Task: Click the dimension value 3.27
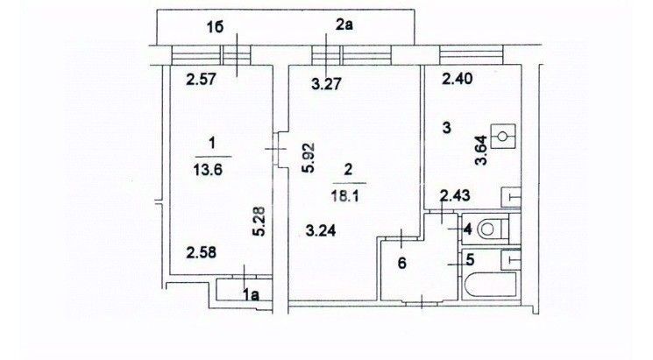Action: [326, 86]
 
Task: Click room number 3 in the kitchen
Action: [446, 129]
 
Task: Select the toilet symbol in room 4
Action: [496, 229]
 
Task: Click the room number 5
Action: [469, 259]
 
